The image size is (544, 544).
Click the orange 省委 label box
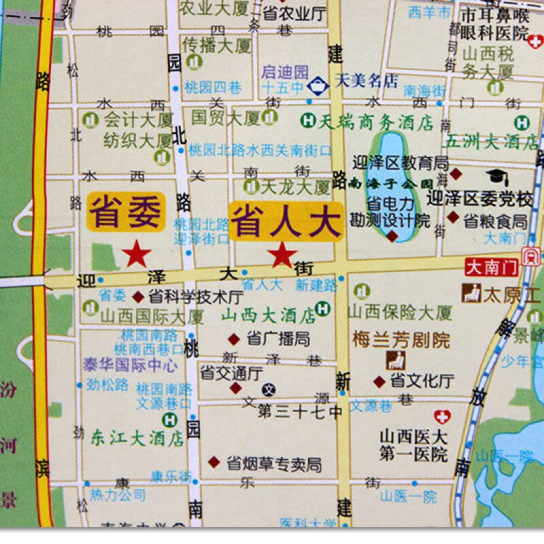(126, 213)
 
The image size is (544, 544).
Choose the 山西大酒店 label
(269, 315)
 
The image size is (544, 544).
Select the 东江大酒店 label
(137, 438)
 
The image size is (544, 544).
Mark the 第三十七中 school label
(300, 411)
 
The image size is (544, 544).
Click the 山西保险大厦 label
(400, 313)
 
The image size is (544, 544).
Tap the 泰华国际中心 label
(130, 364)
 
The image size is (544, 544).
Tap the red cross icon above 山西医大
(443, 417)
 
